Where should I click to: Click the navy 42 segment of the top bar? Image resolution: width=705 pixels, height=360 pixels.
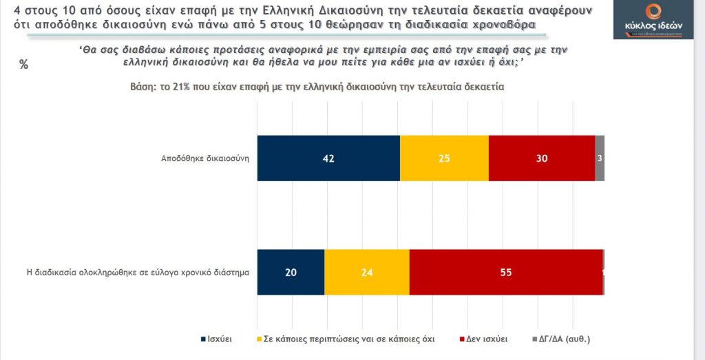328,158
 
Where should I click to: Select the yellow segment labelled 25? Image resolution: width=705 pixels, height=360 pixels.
444,158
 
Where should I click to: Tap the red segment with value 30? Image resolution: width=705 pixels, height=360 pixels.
541,158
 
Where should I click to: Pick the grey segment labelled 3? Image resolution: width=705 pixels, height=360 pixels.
600,158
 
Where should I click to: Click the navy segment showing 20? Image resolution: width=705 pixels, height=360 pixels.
291,272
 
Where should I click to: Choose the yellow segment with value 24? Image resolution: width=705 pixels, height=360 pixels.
367,272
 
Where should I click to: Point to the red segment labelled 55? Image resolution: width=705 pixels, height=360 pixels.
505,272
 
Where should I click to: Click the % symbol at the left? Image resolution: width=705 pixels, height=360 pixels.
24,65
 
